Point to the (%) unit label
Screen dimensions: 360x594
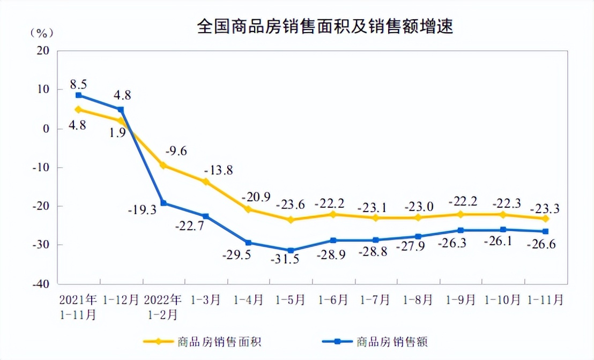(41, 33)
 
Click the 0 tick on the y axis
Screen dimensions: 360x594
(46, 129)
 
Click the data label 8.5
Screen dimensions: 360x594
(78, 84)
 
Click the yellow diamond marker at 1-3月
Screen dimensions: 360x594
(206, 182)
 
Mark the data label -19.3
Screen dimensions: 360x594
(142, 211)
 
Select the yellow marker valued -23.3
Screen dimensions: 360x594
(545, 219)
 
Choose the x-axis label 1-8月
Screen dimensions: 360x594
(418, 299)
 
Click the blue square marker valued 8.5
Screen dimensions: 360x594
(78, 95)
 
